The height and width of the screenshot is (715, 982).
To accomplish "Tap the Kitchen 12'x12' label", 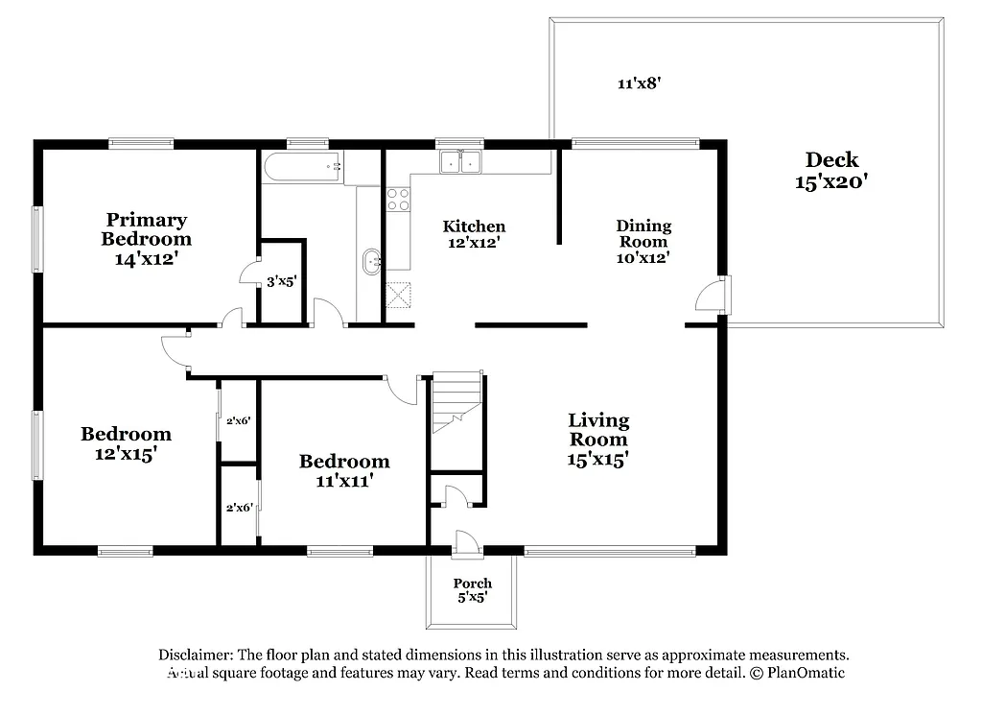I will coord(474,235).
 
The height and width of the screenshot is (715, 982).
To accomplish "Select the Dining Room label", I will coord(643,241).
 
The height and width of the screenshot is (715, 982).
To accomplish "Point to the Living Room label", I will coord(598,440).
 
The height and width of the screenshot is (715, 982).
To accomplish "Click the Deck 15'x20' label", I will coord(831,170).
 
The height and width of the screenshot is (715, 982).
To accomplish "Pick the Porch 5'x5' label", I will coord(473,590).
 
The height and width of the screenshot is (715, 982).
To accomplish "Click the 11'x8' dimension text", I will coord(640,83).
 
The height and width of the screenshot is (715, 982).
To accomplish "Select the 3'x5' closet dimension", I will coord(282,282).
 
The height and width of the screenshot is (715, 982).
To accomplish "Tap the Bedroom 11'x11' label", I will coord(344,470).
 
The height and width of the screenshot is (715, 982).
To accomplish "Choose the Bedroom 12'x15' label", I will coord(126,443).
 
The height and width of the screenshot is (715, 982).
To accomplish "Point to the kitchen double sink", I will coord(461,162).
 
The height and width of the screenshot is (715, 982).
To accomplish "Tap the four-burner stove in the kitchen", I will coord(397,199).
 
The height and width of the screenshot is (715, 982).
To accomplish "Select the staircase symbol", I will coord(456,402).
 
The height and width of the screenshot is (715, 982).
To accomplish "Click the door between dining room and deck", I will coord(714,295).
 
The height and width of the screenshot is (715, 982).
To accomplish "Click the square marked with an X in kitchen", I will coord(398,295).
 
